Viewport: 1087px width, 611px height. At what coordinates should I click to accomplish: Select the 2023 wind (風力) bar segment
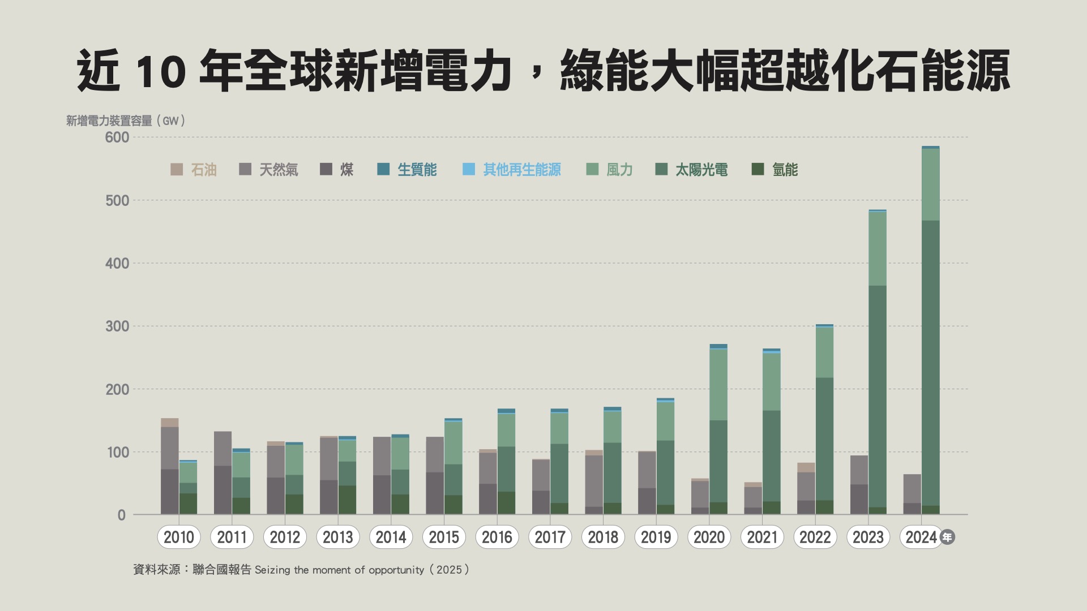click(878, 248)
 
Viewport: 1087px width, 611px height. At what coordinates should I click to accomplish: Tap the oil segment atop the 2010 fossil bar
click(170, 422)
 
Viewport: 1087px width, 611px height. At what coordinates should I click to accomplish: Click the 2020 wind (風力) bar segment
click(718, 385)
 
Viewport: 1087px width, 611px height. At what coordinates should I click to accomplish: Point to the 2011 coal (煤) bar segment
click(222, 490)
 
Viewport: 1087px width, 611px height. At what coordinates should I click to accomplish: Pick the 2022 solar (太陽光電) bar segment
click(824, 438)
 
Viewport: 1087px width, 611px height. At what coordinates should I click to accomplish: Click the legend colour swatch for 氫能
click(758, 169)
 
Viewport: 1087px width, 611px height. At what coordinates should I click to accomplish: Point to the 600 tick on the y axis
click(117, 137)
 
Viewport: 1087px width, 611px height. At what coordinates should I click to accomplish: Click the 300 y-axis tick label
click(117, 326)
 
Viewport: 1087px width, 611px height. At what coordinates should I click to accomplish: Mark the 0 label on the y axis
click(121, 515)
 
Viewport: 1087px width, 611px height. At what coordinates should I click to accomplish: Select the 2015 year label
click(444, 537)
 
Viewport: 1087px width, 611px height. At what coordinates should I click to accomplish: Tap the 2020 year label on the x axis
click(709, 537)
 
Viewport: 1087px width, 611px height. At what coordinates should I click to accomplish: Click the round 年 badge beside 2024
click(947, 537)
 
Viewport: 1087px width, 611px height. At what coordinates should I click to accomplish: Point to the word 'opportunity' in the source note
click(396, 570)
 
